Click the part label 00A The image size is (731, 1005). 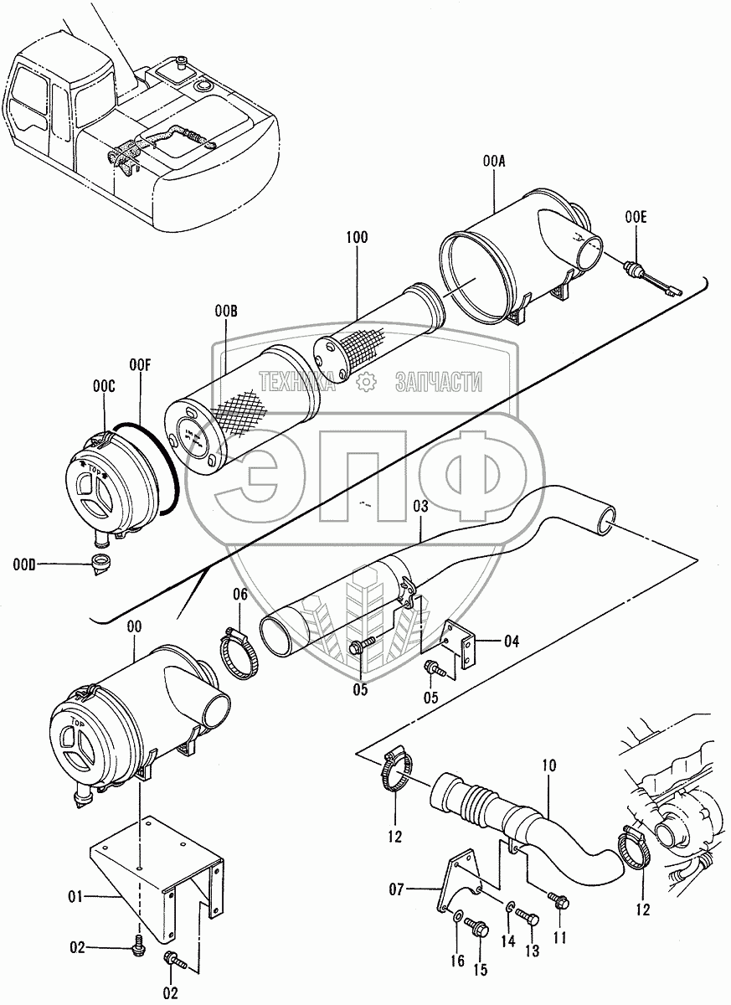[494, 164]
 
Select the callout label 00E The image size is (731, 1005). [636, 219]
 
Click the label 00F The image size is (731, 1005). [139, 365]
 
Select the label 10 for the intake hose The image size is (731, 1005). [548, 765]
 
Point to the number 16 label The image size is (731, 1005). [458, 961]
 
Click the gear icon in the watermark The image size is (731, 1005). [365, 383]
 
